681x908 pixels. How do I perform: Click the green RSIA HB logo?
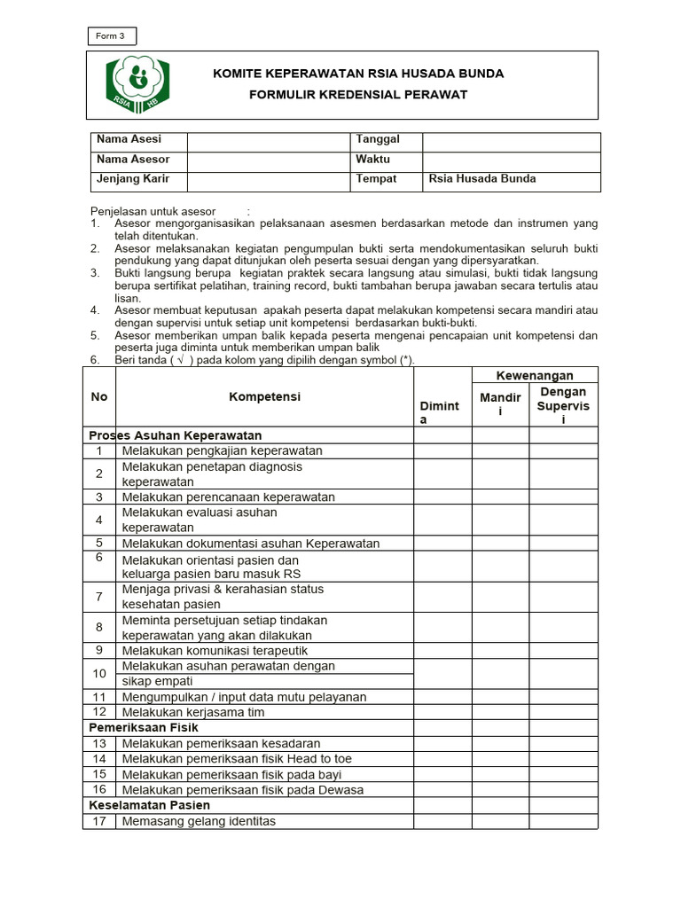click(138, 84)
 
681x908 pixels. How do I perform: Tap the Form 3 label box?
click(112, 36)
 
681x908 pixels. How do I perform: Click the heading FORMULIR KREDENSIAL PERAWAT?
click(357, 95)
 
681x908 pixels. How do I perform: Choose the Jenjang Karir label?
click(133, 179)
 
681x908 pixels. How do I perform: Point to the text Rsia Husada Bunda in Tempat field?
click(482, 179)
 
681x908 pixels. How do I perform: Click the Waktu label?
click(372, 160)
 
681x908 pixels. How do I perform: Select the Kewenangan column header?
click(535, 376)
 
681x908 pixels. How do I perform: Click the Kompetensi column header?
click(264, 397)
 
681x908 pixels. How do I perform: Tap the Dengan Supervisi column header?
click(563, 405)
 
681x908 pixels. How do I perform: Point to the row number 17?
click(99, 821)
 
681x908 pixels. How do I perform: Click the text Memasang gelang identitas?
click(199, 821)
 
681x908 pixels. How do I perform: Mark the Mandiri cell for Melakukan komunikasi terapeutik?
click(500, 650)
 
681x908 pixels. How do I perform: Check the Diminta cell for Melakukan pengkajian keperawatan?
click(442, 450)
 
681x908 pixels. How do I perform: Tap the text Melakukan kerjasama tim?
click(193, 712)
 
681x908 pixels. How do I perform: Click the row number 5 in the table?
click(99, 543)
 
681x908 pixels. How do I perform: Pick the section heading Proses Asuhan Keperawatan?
click(175, 435)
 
